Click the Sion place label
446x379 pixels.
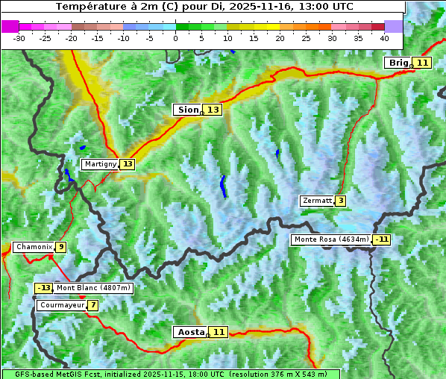point(187,110)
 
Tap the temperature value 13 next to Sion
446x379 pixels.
point(213,110)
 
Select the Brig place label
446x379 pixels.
point(398,63)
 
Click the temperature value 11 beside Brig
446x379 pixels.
point(422,63)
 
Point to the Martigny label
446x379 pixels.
point(100,164)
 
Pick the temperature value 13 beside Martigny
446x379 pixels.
point(128,164)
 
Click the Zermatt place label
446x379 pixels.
point(317,201)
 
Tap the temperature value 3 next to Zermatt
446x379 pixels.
point(340,201)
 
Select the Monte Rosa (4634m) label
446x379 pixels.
point(331,239)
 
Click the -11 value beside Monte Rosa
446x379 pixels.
point(383,239)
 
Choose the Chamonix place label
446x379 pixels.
point(34,247)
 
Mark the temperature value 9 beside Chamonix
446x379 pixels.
point(60,247)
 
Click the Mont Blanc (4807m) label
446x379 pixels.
point(93,288)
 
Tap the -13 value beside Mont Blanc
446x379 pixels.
point(44,288)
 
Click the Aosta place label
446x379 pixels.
point(189,332)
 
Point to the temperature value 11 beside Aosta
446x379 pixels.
point(218,332)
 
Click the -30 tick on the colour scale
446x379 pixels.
point(19,37)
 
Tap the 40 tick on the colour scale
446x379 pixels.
point(384,37)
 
